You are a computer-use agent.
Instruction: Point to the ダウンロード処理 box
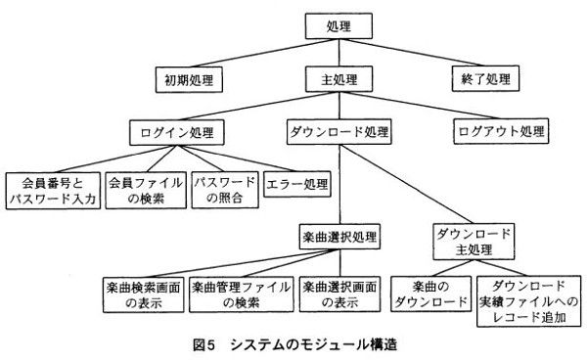tap(339, 130)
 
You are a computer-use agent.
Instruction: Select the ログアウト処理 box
tap(501, 130)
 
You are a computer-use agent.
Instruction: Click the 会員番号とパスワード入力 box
tap(50, 190)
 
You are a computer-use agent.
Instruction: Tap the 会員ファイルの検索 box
tap(145, 190)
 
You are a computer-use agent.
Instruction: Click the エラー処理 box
tap(298, 183)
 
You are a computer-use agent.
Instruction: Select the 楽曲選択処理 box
tap(339, 236)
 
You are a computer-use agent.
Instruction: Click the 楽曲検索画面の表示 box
tap(143, 295)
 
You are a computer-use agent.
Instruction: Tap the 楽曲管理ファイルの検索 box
tap(241, 295)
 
